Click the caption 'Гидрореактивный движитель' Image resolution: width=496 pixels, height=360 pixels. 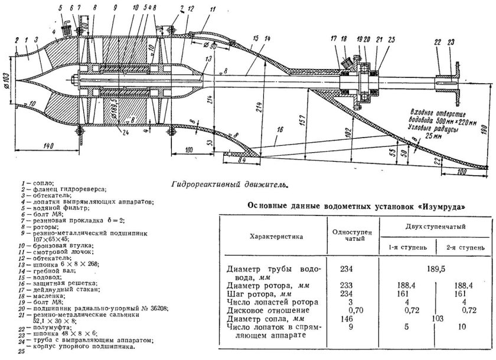tap(229, 184)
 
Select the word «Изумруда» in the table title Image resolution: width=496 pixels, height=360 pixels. tap(438, 207)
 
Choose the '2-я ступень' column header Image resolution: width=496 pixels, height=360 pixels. tap(462, 247)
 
